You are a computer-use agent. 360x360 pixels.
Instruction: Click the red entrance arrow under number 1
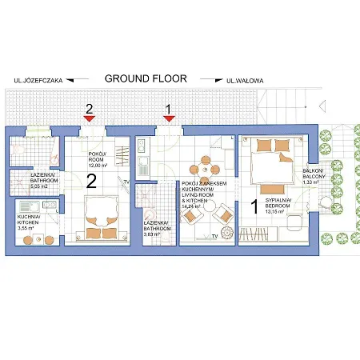coord(168,118)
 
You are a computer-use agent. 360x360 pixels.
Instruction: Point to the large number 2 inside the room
coord(91,181)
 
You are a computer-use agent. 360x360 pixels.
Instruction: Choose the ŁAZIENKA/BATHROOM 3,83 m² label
coord(157,227)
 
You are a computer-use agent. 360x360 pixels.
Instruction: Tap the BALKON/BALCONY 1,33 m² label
coord(312,178)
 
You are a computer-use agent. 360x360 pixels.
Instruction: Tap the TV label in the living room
coord(214,236)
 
